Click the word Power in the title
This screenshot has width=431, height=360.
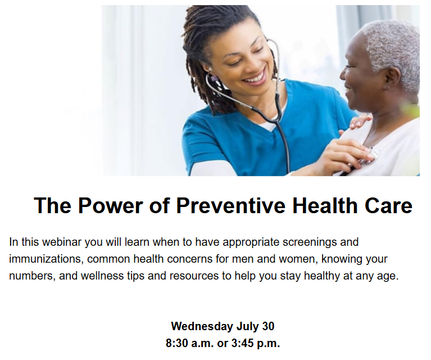[x=111, y=206]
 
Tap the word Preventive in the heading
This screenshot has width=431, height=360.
[x=230, y=206]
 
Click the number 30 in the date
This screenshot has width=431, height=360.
[x=268, y=326]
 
